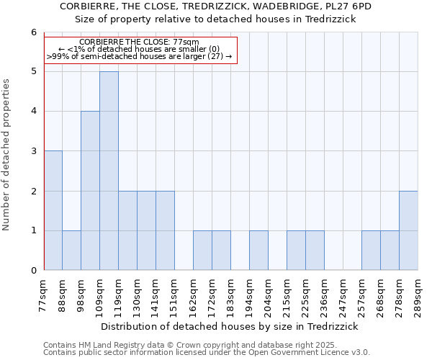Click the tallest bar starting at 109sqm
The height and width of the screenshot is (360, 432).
109,171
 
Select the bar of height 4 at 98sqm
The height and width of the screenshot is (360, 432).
90,191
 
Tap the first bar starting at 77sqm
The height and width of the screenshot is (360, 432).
53,210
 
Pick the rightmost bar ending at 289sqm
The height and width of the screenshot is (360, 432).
408,230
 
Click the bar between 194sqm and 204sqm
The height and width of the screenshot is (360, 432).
258,251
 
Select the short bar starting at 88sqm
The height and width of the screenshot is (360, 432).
71,251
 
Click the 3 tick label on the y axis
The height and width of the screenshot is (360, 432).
33,151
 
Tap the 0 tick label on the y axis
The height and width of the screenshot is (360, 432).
33,271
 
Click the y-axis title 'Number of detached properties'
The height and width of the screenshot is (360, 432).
7,155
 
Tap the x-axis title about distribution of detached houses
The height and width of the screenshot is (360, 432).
231,326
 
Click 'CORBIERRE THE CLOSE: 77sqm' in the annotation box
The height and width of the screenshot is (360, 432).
140,42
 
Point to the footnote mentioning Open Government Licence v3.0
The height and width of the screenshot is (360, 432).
207,353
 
